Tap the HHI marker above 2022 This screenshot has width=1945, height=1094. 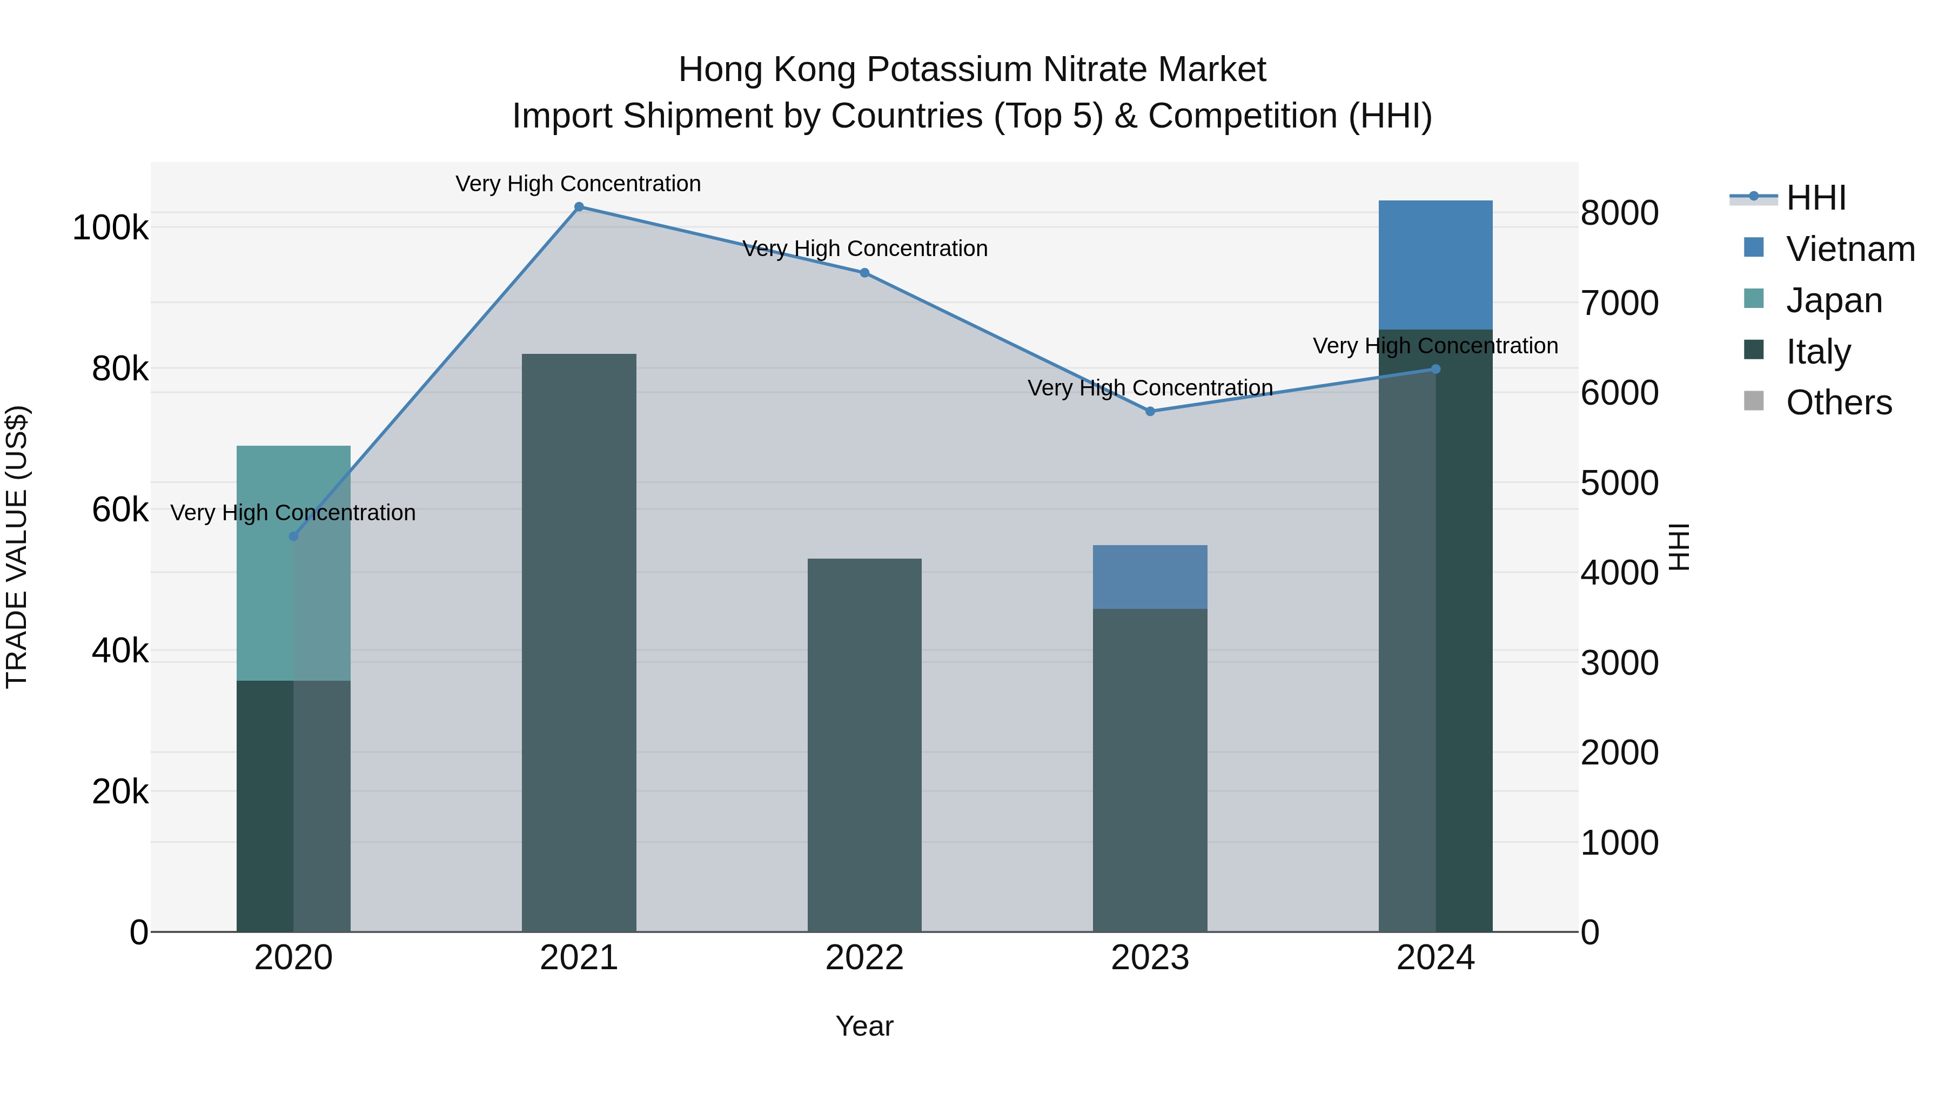pos(864,273)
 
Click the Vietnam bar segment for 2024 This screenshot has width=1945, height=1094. pos(1436,264)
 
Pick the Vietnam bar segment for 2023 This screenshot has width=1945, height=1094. pos(1150,577)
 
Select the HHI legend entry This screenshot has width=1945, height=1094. pos(1815,198)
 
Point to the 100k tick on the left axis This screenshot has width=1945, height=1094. pos(110,228)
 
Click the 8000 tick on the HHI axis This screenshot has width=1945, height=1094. pos(1620,213)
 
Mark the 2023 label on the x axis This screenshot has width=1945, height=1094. pos(1150,958)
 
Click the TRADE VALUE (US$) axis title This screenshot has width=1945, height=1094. pos(17,547)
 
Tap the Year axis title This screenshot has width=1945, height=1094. pos(864,1026)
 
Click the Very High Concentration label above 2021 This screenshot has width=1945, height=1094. pos(578,184)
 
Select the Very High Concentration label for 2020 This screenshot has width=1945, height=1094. pos(293,513)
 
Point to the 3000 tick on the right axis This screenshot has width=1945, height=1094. pos(1620,663)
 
